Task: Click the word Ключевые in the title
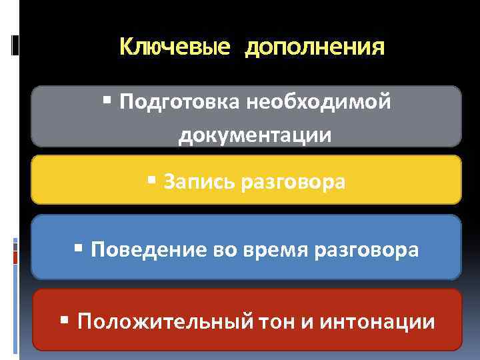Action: pos(175,47)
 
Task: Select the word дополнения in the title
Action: pos(315,49)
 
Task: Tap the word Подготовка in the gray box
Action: pos(179,103)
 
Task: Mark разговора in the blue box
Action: pos(366,251)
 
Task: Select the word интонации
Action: pos(377,323)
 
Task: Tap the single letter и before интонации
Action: pos(305,323)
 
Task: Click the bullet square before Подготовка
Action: pos(108,102)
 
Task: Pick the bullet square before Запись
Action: pos(151,180)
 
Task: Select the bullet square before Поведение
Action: pos(79,249)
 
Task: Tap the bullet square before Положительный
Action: pos(65,321)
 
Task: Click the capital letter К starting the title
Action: pos(126,47)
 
